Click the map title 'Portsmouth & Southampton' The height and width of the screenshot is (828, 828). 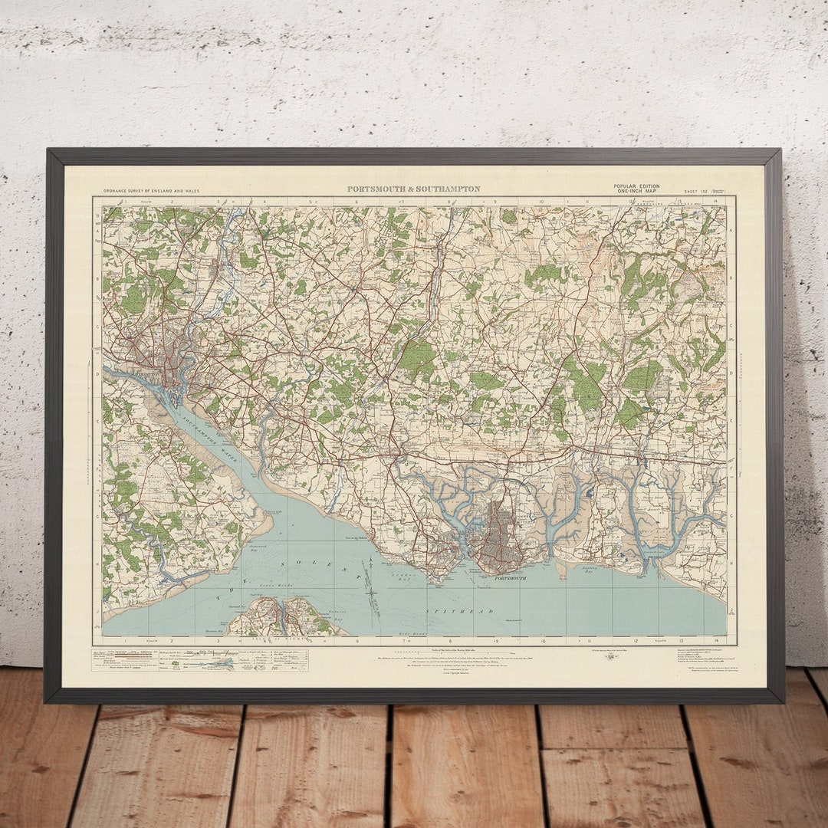click(x=414, y=189)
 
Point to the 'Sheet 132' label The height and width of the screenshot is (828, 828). click(x=697, y=189)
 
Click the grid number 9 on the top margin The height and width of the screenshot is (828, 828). click(x=495, y=202)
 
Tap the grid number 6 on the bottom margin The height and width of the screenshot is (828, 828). click(x=356, y=639)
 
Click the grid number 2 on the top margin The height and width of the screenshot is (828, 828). click(x=172, y=202)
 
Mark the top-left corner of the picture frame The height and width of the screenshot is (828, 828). click(x=48, y=151)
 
